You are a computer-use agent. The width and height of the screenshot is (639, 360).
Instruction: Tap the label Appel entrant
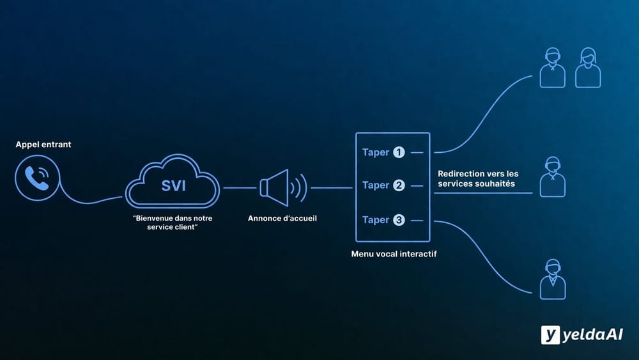[x=43, y=145]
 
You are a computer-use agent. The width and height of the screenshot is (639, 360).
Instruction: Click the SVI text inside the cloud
[x=173, y=185]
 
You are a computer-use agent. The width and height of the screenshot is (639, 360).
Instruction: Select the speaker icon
[x=281, y=187]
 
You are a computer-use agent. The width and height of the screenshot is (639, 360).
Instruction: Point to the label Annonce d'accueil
[x=282, y=218]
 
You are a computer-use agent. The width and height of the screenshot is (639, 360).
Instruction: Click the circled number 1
[x=399, y=152]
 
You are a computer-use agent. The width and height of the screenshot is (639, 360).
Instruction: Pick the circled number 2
[x=399, y=185]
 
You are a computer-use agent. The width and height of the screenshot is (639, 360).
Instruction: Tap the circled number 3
[x=399, y=220]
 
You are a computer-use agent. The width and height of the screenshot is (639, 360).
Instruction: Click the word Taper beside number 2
[x=376, y=185]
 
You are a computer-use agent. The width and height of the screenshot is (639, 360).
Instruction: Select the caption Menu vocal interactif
[x=394, y=254]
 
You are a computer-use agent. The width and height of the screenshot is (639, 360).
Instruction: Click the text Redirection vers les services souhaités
[x=478, y=178]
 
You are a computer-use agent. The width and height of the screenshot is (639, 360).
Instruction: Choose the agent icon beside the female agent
[x=552, y=67]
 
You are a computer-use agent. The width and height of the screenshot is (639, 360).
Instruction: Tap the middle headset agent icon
[x=552, y=177]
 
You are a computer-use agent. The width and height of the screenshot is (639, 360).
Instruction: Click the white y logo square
[x=550, y=334]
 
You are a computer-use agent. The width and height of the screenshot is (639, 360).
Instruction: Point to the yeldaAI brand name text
[x=592, y=335]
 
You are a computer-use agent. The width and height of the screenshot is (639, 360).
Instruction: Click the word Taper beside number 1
[x=376, y=152]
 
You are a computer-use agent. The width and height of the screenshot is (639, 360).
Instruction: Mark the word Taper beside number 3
[x=376, y=220]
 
